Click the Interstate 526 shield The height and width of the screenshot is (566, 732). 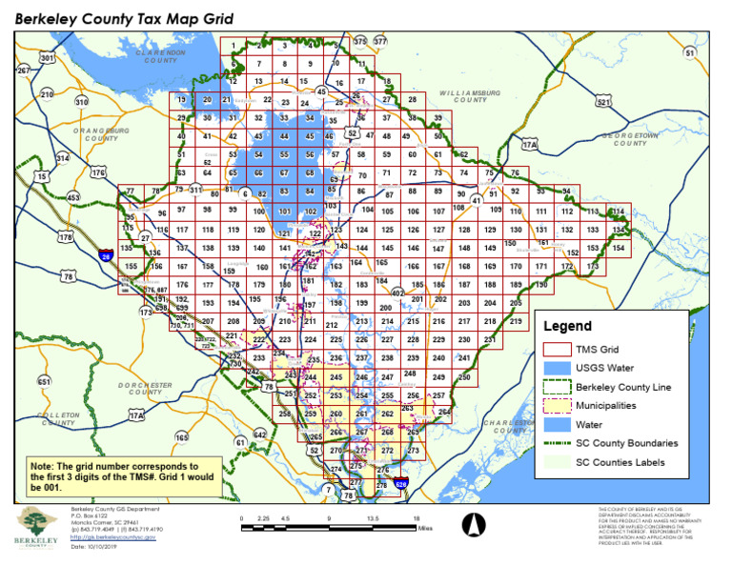[402, 484]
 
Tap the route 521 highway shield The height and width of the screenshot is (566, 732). [602, 102]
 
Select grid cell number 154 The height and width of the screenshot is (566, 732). [619, 248]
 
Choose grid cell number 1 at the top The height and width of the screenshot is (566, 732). [234, 45]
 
